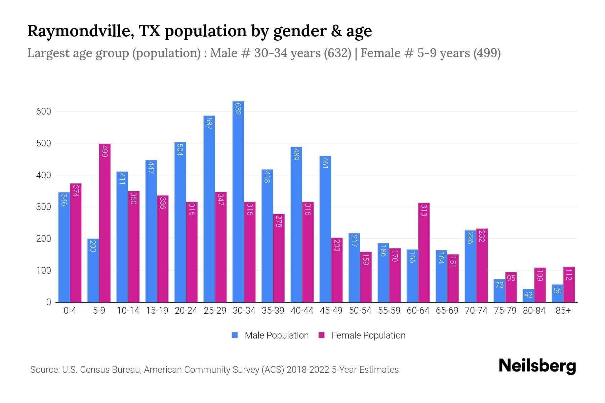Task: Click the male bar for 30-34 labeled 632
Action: [x=238, y=201]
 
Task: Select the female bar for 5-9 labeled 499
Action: [x=105, y=223]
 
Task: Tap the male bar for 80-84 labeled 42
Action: [x=528, y=296]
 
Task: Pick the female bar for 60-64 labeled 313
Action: [x=424, y=253]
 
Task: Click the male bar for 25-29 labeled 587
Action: [x=209, y=209]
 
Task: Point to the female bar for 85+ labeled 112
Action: [x=569, y=284]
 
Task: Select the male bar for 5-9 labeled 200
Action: [x=93, y=270]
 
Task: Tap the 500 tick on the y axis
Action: [x=44, y=143]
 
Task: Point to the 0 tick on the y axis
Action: [x=49, y=302]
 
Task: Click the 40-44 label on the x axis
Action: [x=302, y=311]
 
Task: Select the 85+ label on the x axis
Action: [x=563, y=311]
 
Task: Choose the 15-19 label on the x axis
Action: [x=157, y=311]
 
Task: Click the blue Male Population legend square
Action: [x=235, y=335]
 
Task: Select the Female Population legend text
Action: [x=368, y=335]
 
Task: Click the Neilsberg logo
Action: [x=537, y=366]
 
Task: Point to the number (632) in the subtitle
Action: [x=337, y=53]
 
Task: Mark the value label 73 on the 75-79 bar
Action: [x=499, y=285]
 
